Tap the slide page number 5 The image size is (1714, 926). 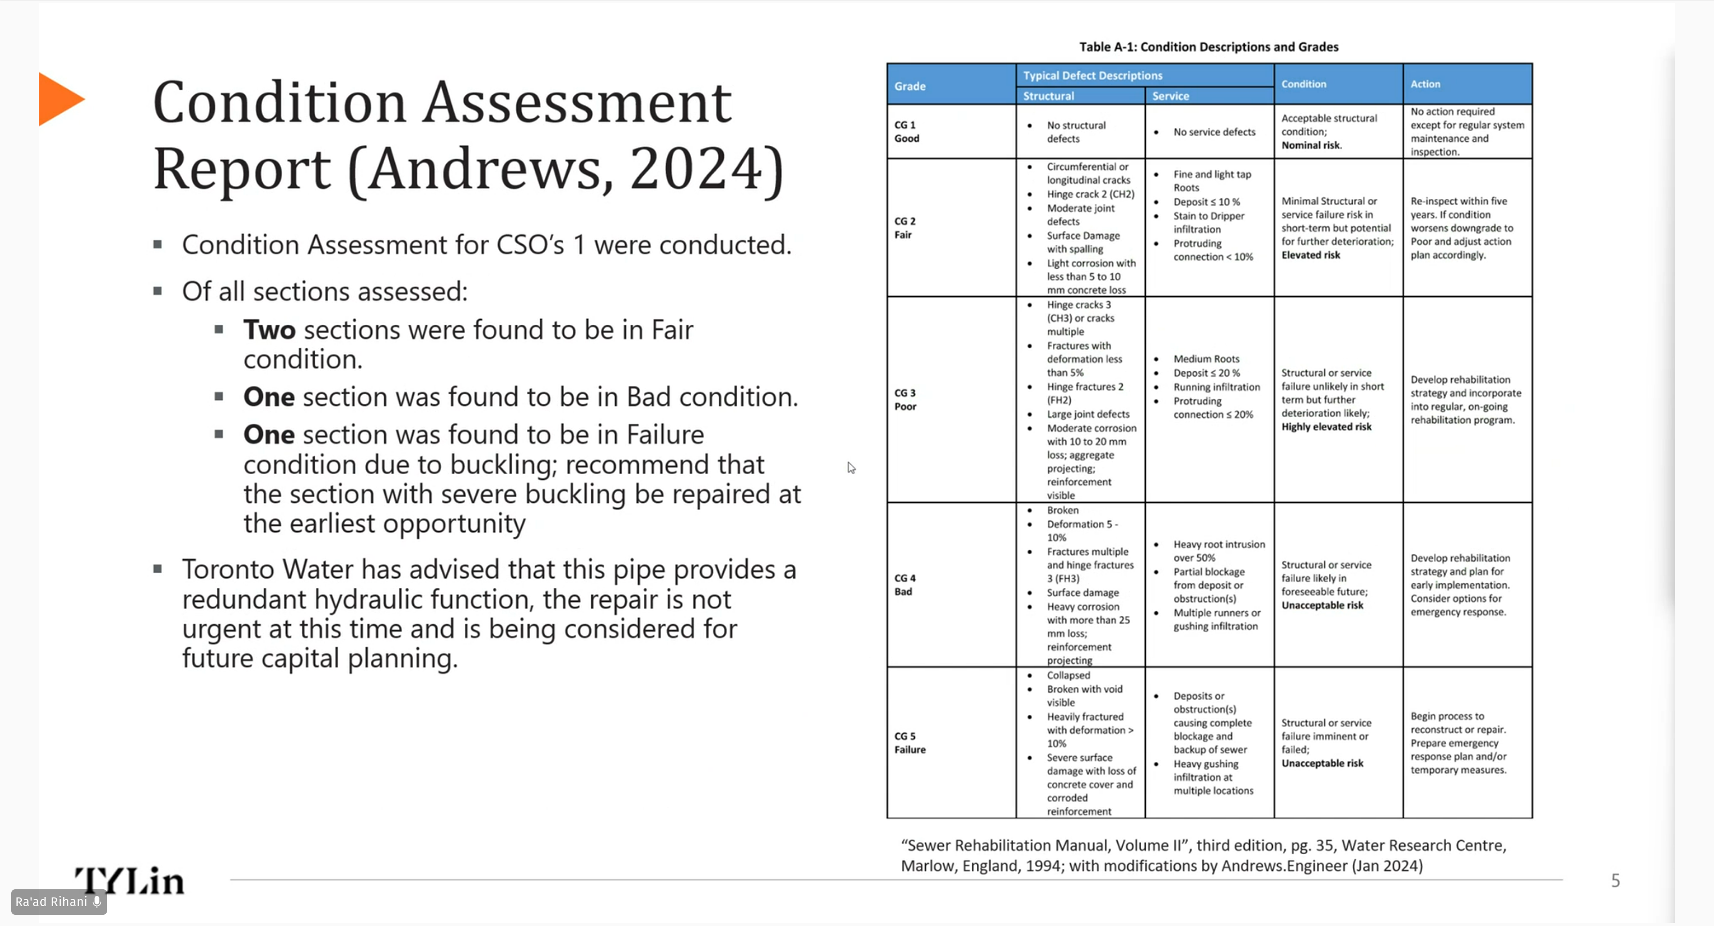(1615, 881)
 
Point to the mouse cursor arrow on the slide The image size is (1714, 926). (851, 468)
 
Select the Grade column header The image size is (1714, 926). (910, 86)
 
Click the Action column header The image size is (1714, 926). (1425, 84)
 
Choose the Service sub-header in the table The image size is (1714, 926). (1170, 96)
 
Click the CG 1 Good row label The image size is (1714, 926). (906, 132)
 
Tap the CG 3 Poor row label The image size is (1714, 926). (905, 400)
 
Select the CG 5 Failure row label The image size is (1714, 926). (910, 743)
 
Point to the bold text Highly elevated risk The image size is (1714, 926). (1326, 427)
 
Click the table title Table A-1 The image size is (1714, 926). (1208, 46)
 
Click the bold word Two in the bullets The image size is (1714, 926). (269, 330)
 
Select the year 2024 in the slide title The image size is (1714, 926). (697, 169)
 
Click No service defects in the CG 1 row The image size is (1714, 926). (1214, 132)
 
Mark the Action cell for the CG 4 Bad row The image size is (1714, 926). (1460, 585)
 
